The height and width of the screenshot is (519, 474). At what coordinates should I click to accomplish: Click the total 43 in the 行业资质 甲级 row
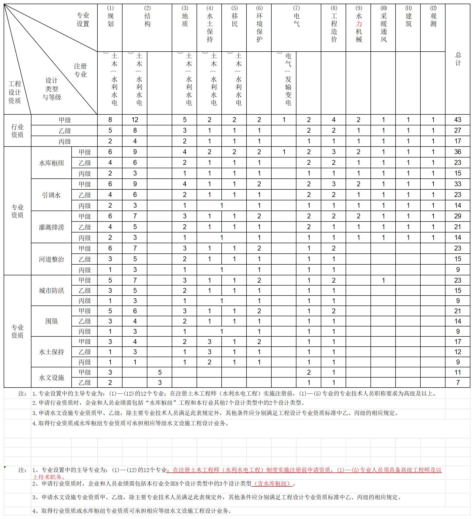[457, 120]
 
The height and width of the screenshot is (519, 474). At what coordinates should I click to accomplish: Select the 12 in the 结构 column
[135, 120]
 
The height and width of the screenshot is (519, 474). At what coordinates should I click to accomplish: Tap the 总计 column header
[458, 59]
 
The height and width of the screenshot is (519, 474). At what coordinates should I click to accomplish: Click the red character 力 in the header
[359, 24]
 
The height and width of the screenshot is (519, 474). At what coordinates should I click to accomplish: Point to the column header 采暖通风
[383, 28]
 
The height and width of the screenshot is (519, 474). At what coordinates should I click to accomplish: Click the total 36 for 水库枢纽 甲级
[457, 152]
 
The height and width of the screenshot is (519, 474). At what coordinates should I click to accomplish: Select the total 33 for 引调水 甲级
[457, 184]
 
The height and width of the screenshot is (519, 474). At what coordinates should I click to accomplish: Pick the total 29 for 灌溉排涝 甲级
[457, 216]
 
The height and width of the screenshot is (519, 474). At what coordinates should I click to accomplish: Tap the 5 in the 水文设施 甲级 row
[160, 372]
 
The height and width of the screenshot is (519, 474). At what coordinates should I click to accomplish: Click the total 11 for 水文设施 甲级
[457, 372]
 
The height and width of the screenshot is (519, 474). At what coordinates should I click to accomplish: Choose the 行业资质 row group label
[17, 131]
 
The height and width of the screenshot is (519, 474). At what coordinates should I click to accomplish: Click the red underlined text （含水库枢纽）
[272, 484]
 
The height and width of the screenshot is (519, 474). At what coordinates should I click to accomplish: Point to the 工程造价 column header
[334, 28]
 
